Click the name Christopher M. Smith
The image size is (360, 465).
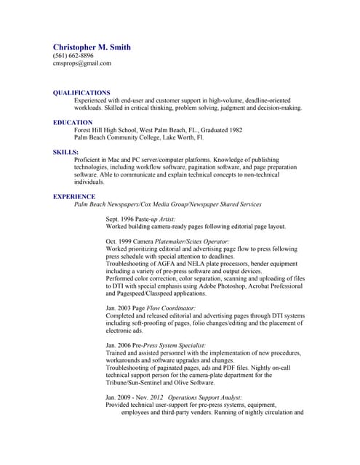[92, 47]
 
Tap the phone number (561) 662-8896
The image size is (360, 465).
[73, 56]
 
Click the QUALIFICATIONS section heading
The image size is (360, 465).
[81, 93]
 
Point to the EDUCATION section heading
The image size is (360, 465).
[73, 122]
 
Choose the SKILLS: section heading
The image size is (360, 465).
[65, 152]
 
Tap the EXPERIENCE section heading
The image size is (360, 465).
[74, 196]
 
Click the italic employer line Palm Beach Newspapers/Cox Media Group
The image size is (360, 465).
[168, 204]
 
